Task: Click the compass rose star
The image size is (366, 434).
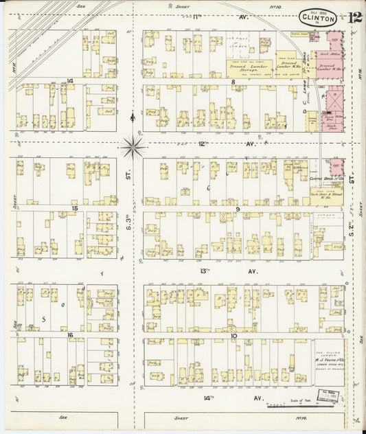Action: tap(133, 145)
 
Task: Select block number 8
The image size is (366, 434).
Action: tap(233, 82)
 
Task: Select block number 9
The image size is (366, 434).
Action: tap(237, 209)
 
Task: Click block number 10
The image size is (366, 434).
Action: tap(234, 336)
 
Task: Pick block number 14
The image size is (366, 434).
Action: tap(71, 81)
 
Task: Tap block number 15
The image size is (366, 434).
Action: tap(74, 207)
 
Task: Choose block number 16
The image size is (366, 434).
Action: tap(71, 334)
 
